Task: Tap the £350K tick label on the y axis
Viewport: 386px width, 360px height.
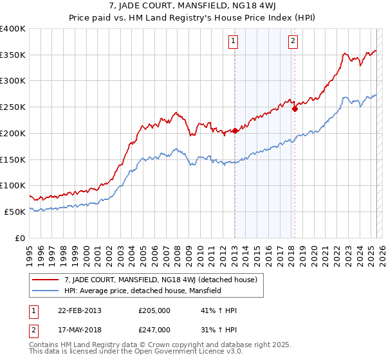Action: click(13, 55)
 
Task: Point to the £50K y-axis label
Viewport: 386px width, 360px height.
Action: click(15, 212)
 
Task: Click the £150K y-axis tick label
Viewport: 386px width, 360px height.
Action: click(13, 159)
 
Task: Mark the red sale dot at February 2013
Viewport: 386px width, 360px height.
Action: click(235, 130)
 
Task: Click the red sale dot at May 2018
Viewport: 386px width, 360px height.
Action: click(295, 109)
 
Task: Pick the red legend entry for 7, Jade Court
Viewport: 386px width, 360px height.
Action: click(161, 280)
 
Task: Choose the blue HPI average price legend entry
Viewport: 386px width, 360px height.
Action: click(142, 291)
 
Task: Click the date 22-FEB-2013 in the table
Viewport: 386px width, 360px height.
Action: click(79, 310)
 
